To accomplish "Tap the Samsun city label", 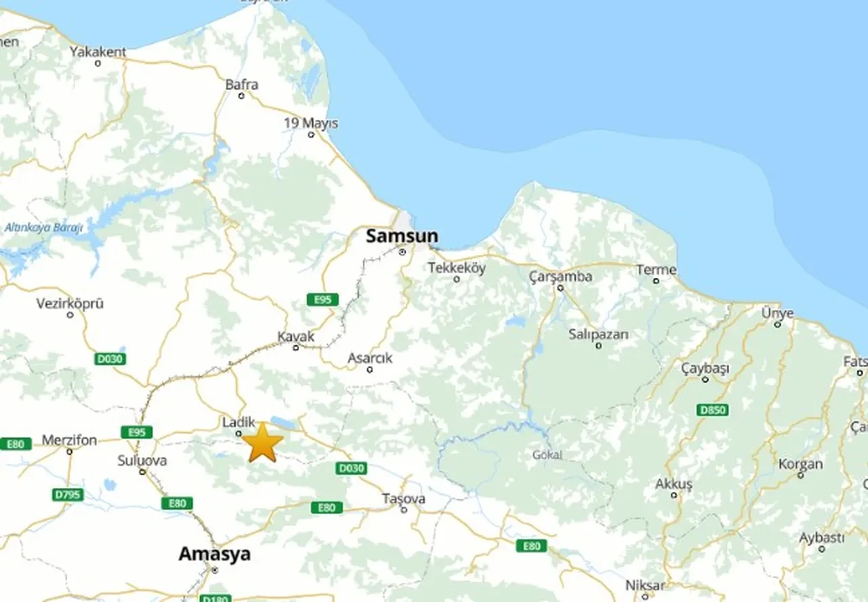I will click(401, 237).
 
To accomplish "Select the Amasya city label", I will click(214, 554).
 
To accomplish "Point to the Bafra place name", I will click(242, 85).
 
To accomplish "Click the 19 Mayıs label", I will click(311, 123).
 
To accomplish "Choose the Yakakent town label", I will click(98, 52).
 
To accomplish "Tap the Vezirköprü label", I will click(70, 304).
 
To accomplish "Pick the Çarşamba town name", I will click(561, 277).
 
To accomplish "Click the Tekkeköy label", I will click(456, 268).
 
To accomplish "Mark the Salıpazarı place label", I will click(598, 334).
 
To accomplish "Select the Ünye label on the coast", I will click(777, 313).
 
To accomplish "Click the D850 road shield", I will click(712, 409).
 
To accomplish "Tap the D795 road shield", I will click(68, 495).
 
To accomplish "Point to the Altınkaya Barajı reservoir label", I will click(43, 228).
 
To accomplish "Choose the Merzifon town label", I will click(69, 441).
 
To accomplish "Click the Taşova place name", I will click(403, 499).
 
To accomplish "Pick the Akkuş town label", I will click(673, 484).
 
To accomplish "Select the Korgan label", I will click(800, 464).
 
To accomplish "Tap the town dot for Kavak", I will click(296, 348).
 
